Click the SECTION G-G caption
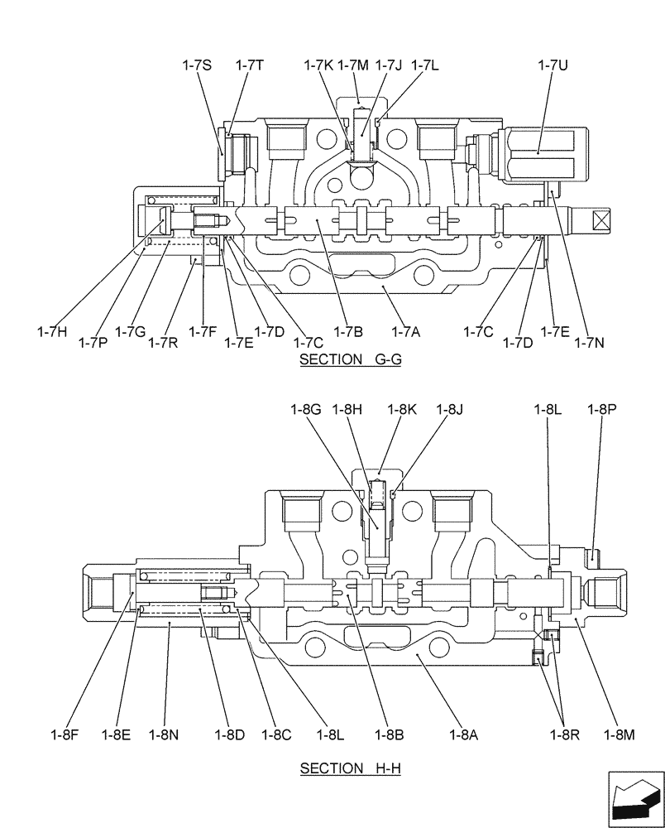[350, 359]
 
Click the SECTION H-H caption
[350, 768]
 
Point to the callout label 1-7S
[197, 65]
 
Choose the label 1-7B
[347, 332]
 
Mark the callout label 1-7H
[52, 332]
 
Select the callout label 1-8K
[403, 408]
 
